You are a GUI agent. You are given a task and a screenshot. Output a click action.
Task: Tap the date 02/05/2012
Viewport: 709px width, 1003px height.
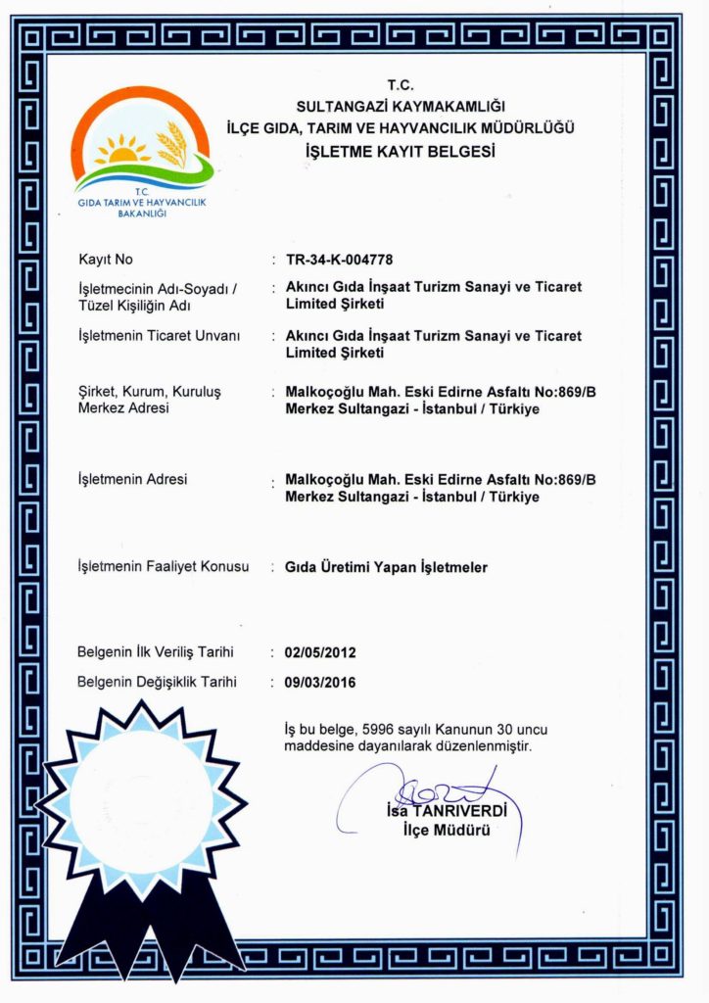(319, 651)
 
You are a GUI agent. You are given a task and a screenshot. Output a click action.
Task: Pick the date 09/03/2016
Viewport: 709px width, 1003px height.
(319, 682)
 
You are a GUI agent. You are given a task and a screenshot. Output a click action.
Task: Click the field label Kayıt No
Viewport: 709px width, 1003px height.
(105, 260)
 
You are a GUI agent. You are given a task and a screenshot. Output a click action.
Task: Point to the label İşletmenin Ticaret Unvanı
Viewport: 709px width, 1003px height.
(158, 336)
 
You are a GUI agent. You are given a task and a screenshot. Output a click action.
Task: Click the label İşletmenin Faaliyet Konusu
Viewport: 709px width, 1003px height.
(163, 567)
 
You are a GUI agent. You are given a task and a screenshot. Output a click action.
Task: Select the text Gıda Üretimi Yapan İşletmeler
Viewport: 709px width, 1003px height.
(386, 567)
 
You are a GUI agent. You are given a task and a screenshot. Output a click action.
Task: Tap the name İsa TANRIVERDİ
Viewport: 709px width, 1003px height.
(447, 811)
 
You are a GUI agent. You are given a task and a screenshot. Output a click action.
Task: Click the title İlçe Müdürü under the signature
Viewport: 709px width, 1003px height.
(447, 831)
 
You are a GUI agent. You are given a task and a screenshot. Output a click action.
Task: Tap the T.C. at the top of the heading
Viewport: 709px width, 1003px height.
(401, 85)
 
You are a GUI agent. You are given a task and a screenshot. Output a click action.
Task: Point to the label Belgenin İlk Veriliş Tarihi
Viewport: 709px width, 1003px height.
(156, 651)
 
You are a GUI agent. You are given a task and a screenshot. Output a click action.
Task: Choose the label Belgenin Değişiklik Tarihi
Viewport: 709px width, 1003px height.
(157, 682)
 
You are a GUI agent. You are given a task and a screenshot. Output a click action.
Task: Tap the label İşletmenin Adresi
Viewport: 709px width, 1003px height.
(132, 479)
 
